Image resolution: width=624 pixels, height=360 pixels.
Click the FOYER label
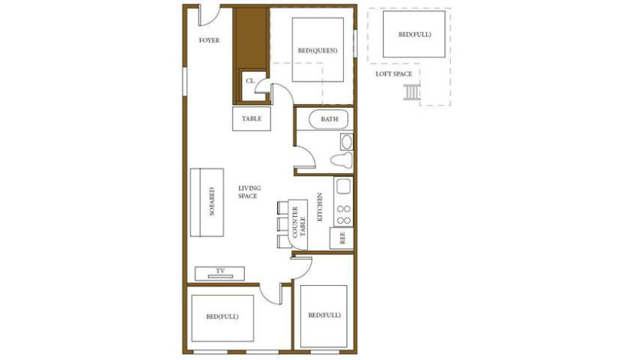tap(209, 40)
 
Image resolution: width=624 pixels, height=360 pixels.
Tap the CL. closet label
tap(250, 80)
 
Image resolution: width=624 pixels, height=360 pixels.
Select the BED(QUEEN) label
tap(317, 51)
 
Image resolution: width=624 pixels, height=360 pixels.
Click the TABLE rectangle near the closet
tap(251, 119)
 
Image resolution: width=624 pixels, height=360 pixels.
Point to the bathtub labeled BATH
tap(328, 119)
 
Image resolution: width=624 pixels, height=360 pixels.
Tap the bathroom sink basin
tap(345, 142)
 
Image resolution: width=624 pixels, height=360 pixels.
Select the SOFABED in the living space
tap(212, 202)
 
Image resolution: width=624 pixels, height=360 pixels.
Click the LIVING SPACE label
tap(250, 192)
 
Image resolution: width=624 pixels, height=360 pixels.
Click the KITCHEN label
tap(320, 207)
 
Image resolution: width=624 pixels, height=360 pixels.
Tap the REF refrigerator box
tap(341, 237)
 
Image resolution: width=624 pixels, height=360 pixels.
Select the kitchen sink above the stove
tap(342, 186)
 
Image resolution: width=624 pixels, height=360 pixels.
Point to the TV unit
tap(220, 272)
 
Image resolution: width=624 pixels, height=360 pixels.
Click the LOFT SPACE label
tap(394, 74)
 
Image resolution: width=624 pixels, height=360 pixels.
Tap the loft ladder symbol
tap(412, 93)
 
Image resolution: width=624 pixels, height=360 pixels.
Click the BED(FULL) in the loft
tap(413, 34)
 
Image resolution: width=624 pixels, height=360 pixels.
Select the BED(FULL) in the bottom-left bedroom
tap(221, 316)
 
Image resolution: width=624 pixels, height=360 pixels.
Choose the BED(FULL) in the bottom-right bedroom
tap(324, 316)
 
